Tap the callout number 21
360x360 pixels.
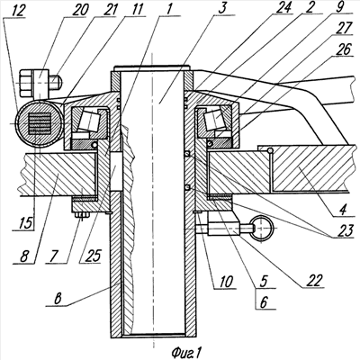pos(106,10)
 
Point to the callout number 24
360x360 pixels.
pos(283,8)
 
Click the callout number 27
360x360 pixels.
pos(343,29)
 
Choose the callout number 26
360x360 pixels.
pos(343,49)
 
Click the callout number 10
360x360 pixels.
pos(225,282)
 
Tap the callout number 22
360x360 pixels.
pos(313,281)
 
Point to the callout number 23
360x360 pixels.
pos(344,231)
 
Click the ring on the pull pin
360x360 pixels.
pos(262,228)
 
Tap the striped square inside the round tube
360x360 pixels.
pos(39,123)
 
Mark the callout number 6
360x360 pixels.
pos(264,302)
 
